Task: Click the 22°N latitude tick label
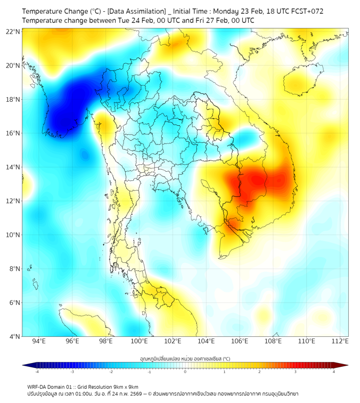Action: pyautogui.click(x=13, y=31)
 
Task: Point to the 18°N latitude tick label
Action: pyautogui.click(x=13, y=99)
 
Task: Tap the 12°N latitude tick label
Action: pyautogui.click(x=13, y=201)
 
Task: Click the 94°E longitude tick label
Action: pyautogui.click(x=39, y=341)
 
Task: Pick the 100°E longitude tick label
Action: pyautogui.click(x=139, y=341)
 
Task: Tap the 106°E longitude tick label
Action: pyautogui.click(x=240, y=341)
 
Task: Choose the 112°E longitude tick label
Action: pyautogui.click(x=340, y=341)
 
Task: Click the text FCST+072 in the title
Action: pyautogui.click(x=307, y=11)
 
